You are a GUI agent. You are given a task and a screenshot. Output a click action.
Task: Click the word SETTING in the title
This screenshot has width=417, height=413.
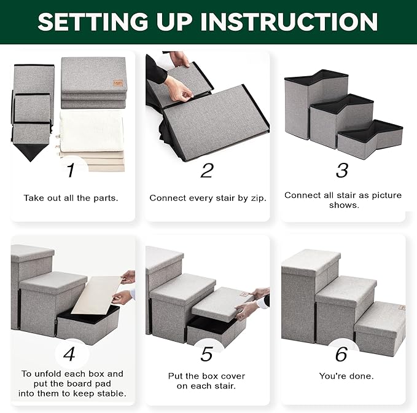[93, 22]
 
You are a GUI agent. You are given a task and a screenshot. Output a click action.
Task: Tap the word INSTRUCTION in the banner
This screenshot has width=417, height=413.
[289, 22]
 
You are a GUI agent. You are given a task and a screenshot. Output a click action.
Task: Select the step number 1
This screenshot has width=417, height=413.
[71, 170]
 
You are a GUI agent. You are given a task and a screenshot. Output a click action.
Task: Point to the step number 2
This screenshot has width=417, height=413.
[207, 170]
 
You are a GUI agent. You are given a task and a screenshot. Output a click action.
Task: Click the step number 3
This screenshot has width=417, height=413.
[342, 170]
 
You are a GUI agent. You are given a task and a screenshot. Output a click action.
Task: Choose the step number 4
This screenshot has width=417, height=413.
[69, 354]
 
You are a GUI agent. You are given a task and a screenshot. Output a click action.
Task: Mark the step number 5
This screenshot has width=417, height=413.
[206, 354]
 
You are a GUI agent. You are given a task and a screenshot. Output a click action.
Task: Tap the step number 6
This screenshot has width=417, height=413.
[341, 354]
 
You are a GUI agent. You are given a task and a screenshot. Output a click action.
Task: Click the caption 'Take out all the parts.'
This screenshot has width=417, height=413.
[71, 198]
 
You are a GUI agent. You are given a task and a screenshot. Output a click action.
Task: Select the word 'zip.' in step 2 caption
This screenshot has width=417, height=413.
[258, 199]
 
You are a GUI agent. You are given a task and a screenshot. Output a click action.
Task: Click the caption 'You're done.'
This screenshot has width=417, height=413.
[346, 376]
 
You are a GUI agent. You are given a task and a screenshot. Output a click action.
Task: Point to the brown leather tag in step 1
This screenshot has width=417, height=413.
[118, 83]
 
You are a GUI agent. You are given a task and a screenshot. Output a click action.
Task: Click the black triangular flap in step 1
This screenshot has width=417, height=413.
[31, 152]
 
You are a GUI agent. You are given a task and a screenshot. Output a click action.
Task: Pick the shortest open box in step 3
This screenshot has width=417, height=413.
[371, 140]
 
